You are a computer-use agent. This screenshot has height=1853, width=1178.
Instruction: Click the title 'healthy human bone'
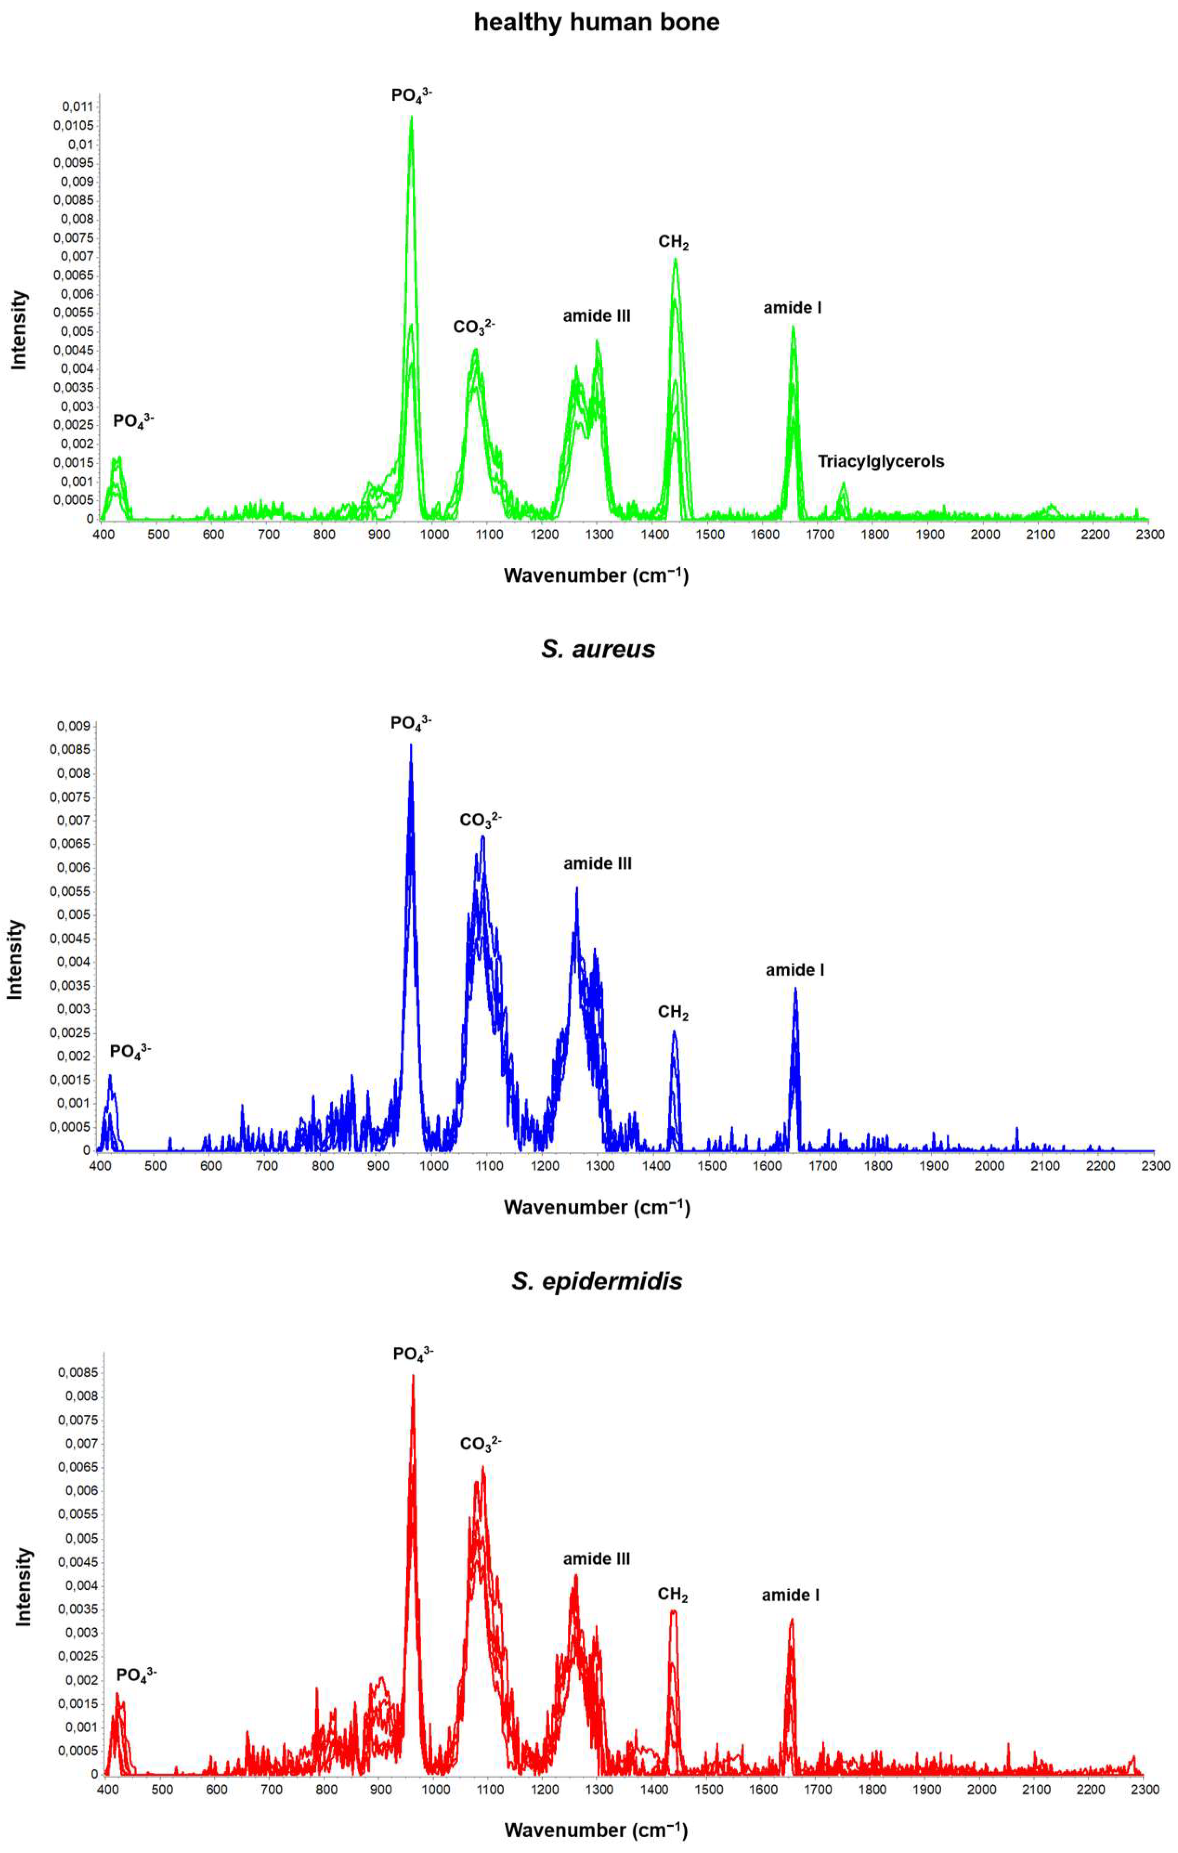point(596,22)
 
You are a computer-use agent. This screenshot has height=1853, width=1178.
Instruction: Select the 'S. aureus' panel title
point(598,649)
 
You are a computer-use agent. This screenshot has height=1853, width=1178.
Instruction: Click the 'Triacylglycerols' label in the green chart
point(880,462)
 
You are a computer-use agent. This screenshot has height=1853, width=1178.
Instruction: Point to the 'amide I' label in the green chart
point(792,308)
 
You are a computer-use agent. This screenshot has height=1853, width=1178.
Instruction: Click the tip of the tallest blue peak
point(411,745)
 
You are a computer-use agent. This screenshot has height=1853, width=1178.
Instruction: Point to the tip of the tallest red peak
point(413,1376)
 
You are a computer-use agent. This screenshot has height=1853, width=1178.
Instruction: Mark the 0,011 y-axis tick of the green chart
point(78,107)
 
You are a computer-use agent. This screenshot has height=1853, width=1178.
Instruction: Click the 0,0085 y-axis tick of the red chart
point(78,1373)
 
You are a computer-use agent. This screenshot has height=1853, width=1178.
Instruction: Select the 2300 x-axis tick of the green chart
point(1150,534)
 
